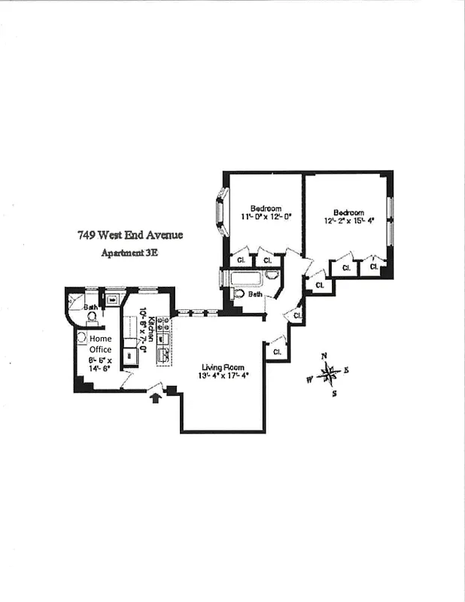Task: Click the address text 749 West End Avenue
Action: click(129, 235)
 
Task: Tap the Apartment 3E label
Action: click(129, 253)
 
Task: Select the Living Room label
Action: click(223, 367)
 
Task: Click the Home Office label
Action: click(100, 344)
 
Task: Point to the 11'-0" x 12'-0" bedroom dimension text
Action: click(266, 217)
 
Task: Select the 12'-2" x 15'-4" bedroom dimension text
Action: click(348, 221)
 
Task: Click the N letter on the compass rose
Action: click(324, 356)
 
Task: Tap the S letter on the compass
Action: click(334, 392)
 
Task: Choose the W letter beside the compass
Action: click(309, 379)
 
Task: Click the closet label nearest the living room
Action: click(277, 351)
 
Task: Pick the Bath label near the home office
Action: click(90, 307)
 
